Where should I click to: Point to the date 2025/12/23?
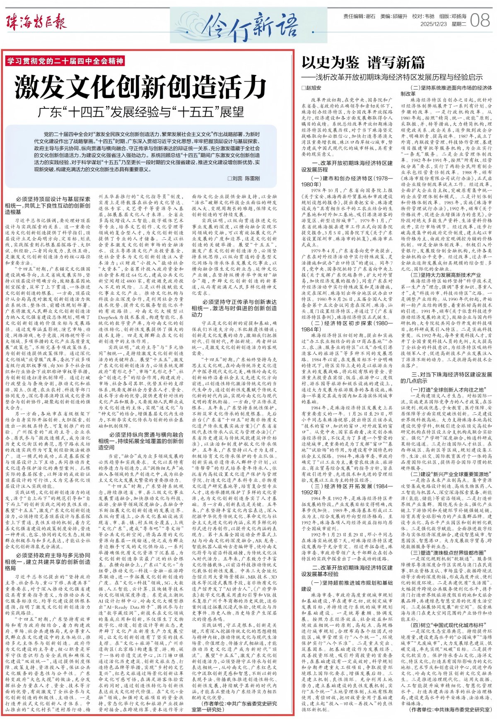click(x=434, y=24)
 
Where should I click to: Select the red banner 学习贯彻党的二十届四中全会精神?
click(x=65, y=61)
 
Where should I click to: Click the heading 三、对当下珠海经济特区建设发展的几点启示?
click(x=446, y=378)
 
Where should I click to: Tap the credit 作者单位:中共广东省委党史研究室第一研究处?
click(x=234, y=706)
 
